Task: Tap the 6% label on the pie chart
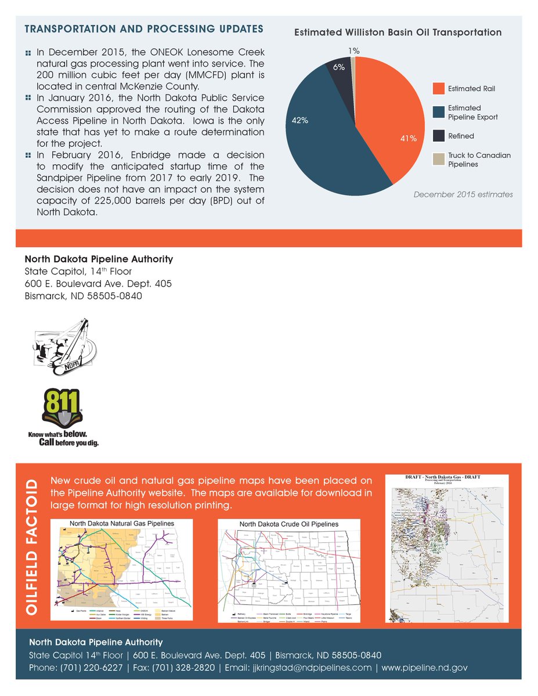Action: tap(339, 67)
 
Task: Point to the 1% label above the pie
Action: tap(353, 51)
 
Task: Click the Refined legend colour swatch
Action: tap(439, 136)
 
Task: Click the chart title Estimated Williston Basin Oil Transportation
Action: tap(398, 32)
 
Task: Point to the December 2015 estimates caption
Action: tap(463, 194)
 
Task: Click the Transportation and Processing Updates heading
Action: tap(144, 29)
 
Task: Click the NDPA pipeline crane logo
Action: tap(64, 345)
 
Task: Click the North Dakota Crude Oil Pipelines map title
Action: tap(288, 524)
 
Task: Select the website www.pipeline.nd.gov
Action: tap(424, 668)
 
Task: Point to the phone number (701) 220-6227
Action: tap(92, 668)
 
